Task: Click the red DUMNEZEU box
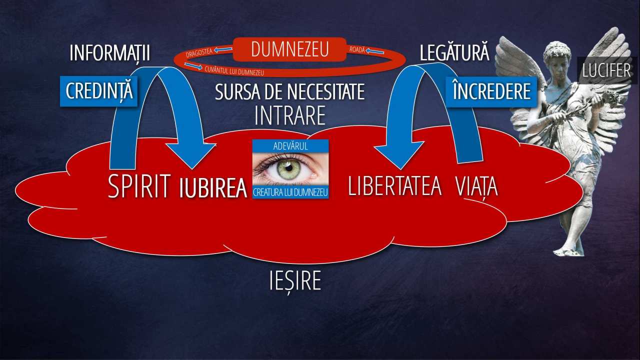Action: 289,49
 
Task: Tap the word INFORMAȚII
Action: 109,53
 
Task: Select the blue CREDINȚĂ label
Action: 99,91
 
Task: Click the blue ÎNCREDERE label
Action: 491,91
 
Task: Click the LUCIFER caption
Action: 606,70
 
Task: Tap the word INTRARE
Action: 289,115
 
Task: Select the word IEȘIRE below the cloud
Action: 295,280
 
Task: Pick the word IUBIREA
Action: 213,188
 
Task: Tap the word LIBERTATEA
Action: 395,186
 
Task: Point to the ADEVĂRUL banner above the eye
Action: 290,146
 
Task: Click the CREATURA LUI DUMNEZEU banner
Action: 290,192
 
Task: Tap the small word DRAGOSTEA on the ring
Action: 199,52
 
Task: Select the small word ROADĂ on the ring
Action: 357,49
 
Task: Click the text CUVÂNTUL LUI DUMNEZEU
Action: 234,71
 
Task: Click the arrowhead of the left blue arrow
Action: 191,154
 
